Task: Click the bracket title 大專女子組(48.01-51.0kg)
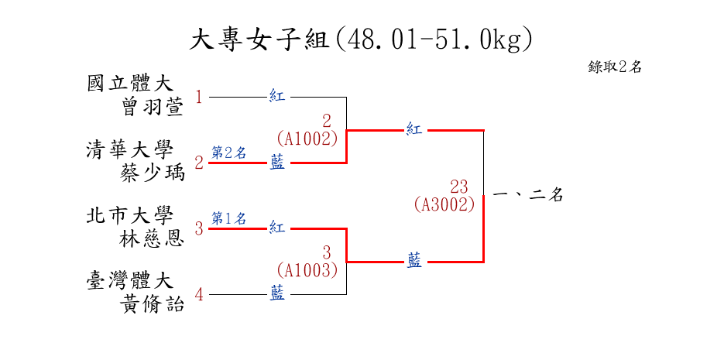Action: (362, 39)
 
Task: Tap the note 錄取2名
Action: (615, 67)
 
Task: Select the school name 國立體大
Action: (129, 82)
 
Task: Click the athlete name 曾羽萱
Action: (153, 106)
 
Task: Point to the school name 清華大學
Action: (129, 149)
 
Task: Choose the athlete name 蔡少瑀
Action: (153, 173)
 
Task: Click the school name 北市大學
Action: (129, 214)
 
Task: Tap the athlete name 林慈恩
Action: (153, 238)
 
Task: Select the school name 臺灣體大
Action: (129, 280)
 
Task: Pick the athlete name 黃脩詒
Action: (153, 304)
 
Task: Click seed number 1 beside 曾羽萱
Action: (199, 98)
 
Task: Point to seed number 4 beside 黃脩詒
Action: (199, 295)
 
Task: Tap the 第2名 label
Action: (229, 153)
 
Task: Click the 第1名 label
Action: (229, 218)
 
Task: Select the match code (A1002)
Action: (307, 139)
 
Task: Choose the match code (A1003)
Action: (307, 270)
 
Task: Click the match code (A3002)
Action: (444, 204)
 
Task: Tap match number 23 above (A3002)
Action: (458, 187)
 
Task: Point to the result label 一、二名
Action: (527, 196)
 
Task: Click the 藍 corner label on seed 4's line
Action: (277, 294)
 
